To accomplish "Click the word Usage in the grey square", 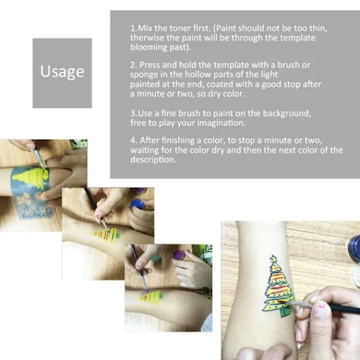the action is [x=62, y=71].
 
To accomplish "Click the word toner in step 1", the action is [x=180, y=28].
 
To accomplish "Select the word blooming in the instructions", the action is [x=149, y=47].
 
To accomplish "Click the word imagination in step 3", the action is [x=221, y=123].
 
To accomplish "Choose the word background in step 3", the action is [x=287, y=113].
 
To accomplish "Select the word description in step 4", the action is [x=154, y=160].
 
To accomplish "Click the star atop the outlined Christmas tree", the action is [x=274, y=259].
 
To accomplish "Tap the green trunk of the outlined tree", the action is [x=285, y=313].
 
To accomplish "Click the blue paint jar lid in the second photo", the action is [x=137, y=204].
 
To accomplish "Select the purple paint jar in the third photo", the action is [x=178, y=254].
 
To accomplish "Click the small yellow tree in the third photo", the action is [x=149, y=297].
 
